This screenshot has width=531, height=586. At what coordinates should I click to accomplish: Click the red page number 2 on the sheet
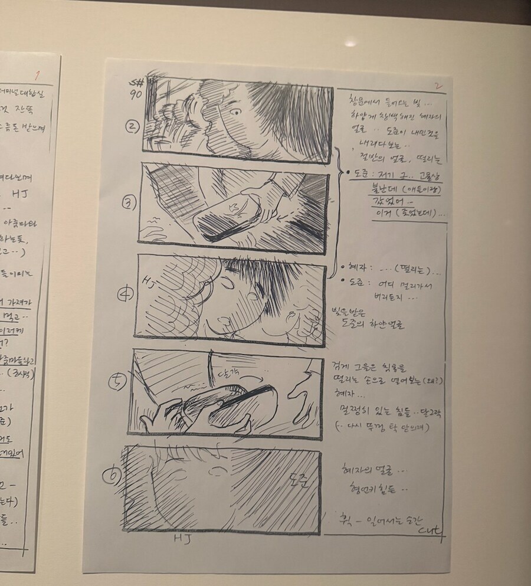point(438,86)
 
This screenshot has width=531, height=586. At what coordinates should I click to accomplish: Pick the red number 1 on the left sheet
point(37,75)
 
